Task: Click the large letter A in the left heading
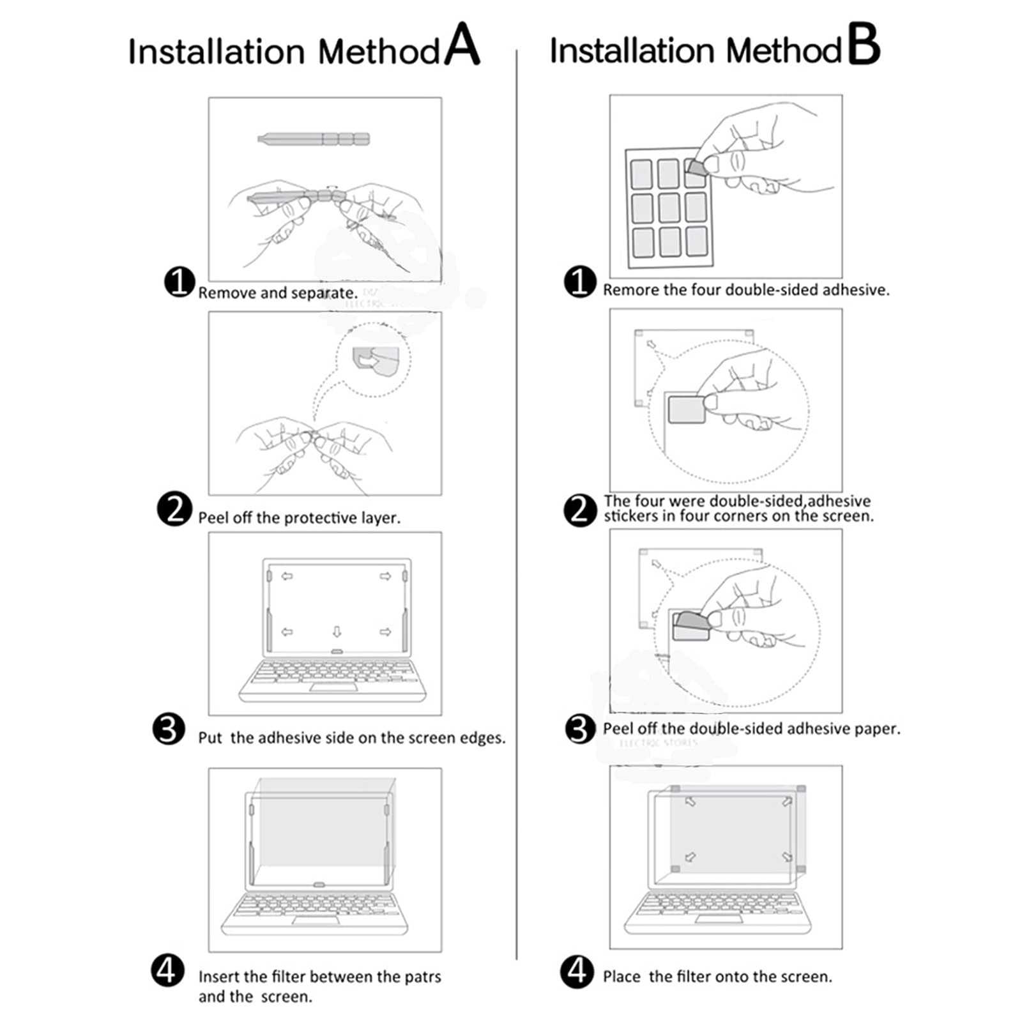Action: click(x=462, y=45)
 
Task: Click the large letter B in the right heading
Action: click(x=864, y=45)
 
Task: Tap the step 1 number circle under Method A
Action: click(x=179, y=282)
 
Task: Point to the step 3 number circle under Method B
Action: click(x=580, y=729)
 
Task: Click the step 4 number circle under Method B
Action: click(x=577, y=971)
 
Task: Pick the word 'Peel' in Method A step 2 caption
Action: click(x=213, y=517)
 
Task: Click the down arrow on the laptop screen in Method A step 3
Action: click(x=337, y=632)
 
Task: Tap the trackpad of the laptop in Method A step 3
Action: click(x=333, y=687)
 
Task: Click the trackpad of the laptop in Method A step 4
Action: click(x=316, y=920)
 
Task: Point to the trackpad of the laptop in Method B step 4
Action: click(x=719, y=919)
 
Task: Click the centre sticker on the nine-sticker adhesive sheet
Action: click(x=669, y=208)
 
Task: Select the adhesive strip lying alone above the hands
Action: click(x=314, y=139)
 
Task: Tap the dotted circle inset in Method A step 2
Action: click(x=373, y=360)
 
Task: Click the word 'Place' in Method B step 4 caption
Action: click(x=621, y=977)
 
